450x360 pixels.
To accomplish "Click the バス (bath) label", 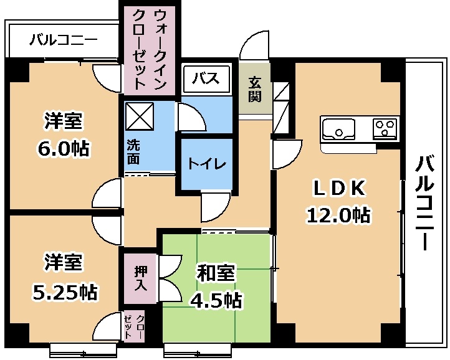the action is click(x=206, y=78).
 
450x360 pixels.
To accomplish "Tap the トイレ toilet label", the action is click(x=207, y=164).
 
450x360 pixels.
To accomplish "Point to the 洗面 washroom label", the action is click(x=133, y=152).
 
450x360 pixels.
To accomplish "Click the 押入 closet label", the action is click(x=141, y=279).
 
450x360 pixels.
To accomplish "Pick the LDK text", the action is click(x=340, y=189).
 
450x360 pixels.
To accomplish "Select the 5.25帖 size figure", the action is click(x=64, y=291).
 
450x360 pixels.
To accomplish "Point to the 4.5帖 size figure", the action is click(x=216, y=300).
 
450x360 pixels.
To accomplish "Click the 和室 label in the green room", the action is click(x=216, y=273).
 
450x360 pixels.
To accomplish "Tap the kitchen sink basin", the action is click(x=338, y=129).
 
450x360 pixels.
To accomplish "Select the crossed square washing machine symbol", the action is click(x=140, y=116).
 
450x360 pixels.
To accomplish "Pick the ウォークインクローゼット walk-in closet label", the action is click(x=150, y=49).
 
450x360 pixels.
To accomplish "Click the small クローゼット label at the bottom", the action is click(x=135, y=326).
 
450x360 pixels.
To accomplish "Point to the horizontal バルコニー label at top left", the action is click(x=64, y=40).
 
